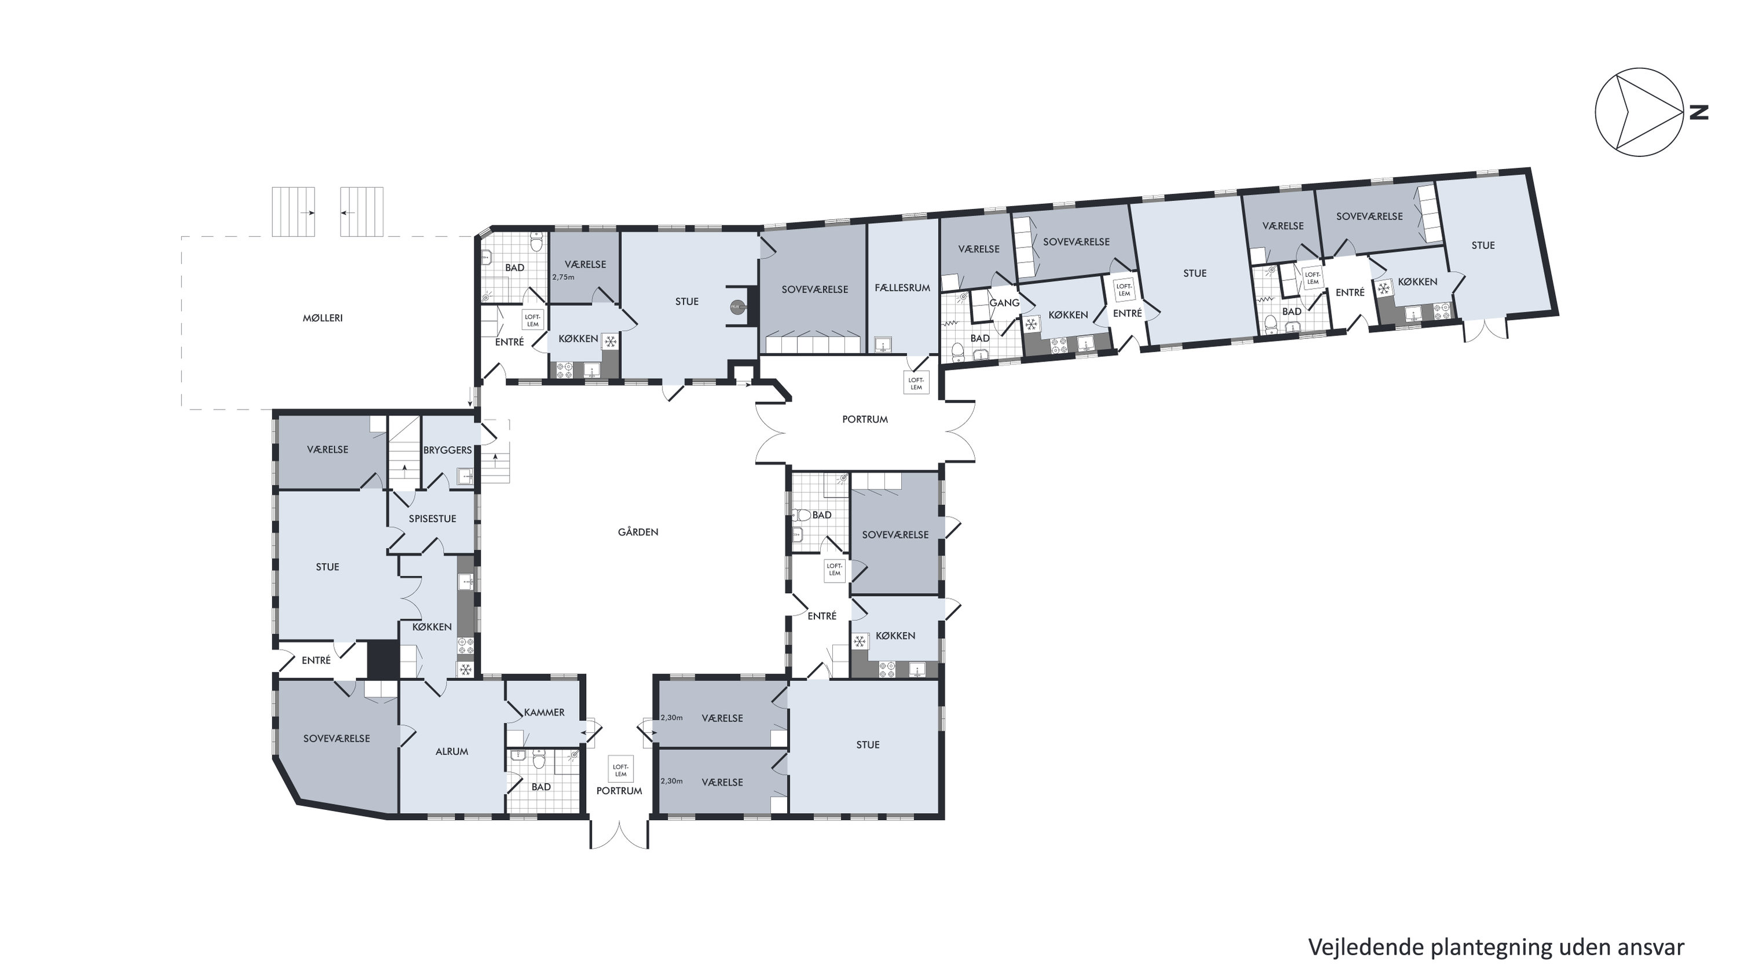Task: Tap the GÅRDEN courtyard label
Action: pyautogui.click(x=638, y=532)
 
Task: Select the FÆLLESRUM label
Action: pyautogui.click(x=902, y=287)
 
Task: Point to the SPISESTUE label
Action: pyautogui.click(x=432, y=518)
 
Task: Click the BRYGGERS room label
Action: pyautogui.click(x=448, y=450)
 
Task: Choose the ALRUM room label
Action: pyautogui.click(x=451, y=751)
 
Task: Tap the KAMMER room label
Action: pyautogui.click(x=544, y=712)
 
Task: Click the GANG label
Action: pyautogui.click(x=1004, y=303)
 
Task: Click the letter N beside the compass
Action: pyautogui.click(x=1699, y=112)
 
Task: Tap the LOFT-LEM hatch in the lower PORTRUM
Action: pyautogui.click(x=620, y=770)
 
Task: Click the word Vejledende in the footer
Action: pyautogui.click(x=1366, y=947)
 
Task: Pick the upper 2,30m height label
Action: pyautogui.click(x=672, y=718)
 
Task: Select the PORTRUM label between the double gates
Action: pyautogui.click(x=865, y=419)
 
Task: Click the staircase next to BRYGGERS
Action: pyautogui.click(x=405, y=448)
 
